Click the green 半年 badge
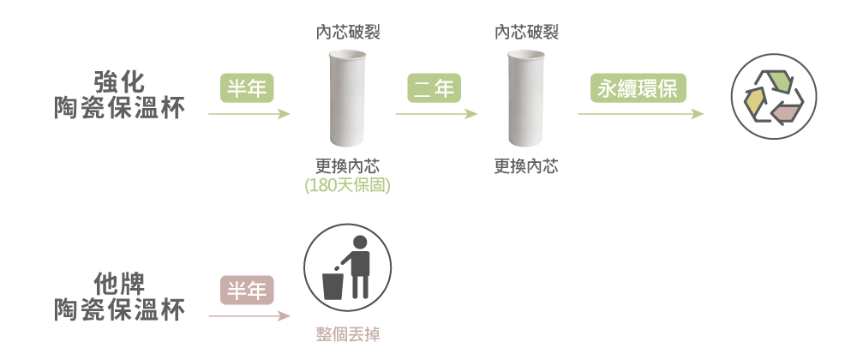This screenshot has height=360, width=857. point(245,87)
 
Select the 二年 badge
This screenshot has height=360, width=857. point(433,87)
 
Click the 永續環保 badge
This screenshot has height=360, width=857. point(639,87)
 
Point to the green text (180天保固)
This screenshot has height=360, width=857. point(347,184)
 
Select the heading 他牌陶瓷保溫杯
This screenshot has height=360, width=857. point(119,297)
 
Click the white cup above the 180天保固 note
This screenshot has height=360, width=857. point(347,99)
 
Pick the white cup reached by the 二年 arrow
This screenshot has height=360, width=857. point(526,99)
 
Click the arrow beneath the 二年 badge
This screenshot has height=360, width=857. point(435,113)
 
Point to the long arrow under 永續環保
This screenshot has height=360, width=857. point(639,113)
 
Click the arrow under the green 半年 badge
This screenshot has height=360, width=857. point(249,113)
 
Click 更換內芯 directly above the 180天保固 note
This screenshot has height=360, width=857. point(347,166)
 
